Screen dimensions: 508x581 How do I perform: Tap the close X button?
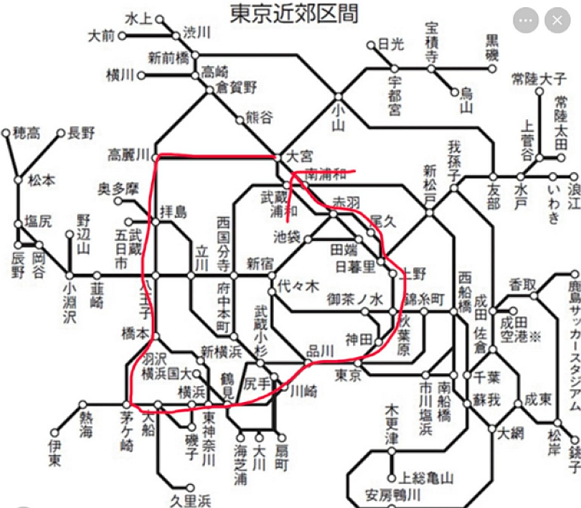pos(557,20)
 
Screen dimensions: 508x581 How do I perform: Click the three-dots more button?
pos(526,20)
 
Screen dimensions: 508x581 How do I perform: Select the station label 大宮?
pos(298,155)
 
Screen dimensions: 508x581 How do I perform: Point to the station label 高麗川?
pos(128,155)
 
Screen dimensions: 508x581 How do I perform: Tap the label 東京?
pos(349,375)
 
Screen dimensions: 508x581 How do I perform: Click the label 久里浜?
pos(190,500)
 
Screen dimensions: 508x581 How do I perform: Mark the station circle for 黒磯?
pos(492,70)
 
